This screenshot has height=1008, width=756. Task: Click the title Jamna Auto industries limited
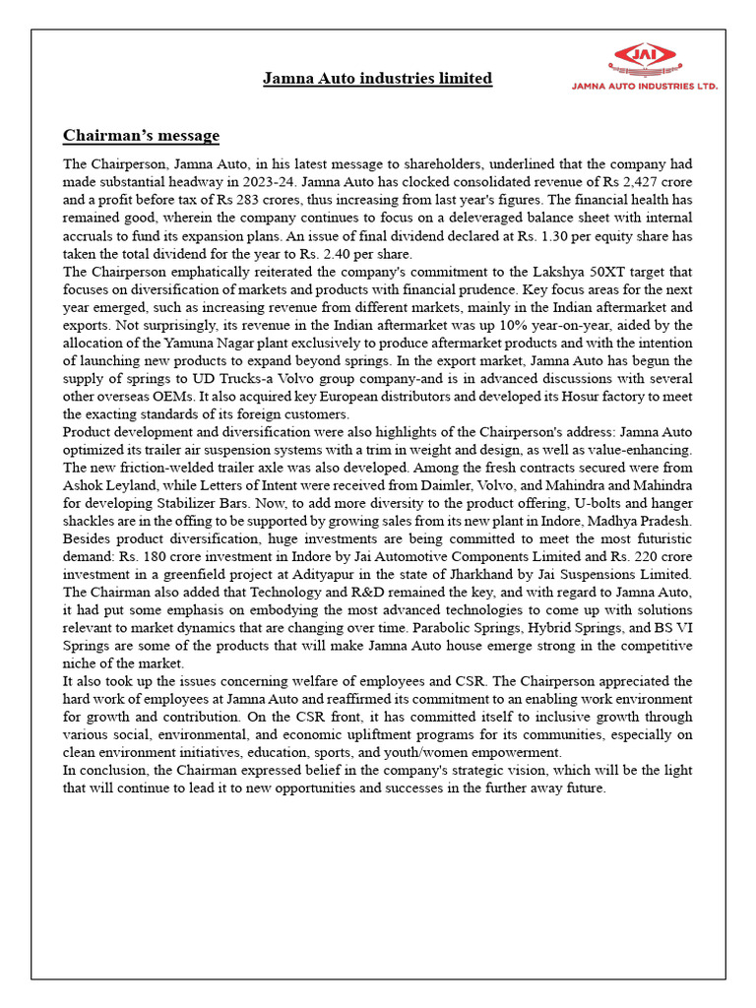[x=377, y=78]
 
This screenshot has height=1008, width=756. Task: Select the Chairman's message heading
[x=141, y=135]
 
